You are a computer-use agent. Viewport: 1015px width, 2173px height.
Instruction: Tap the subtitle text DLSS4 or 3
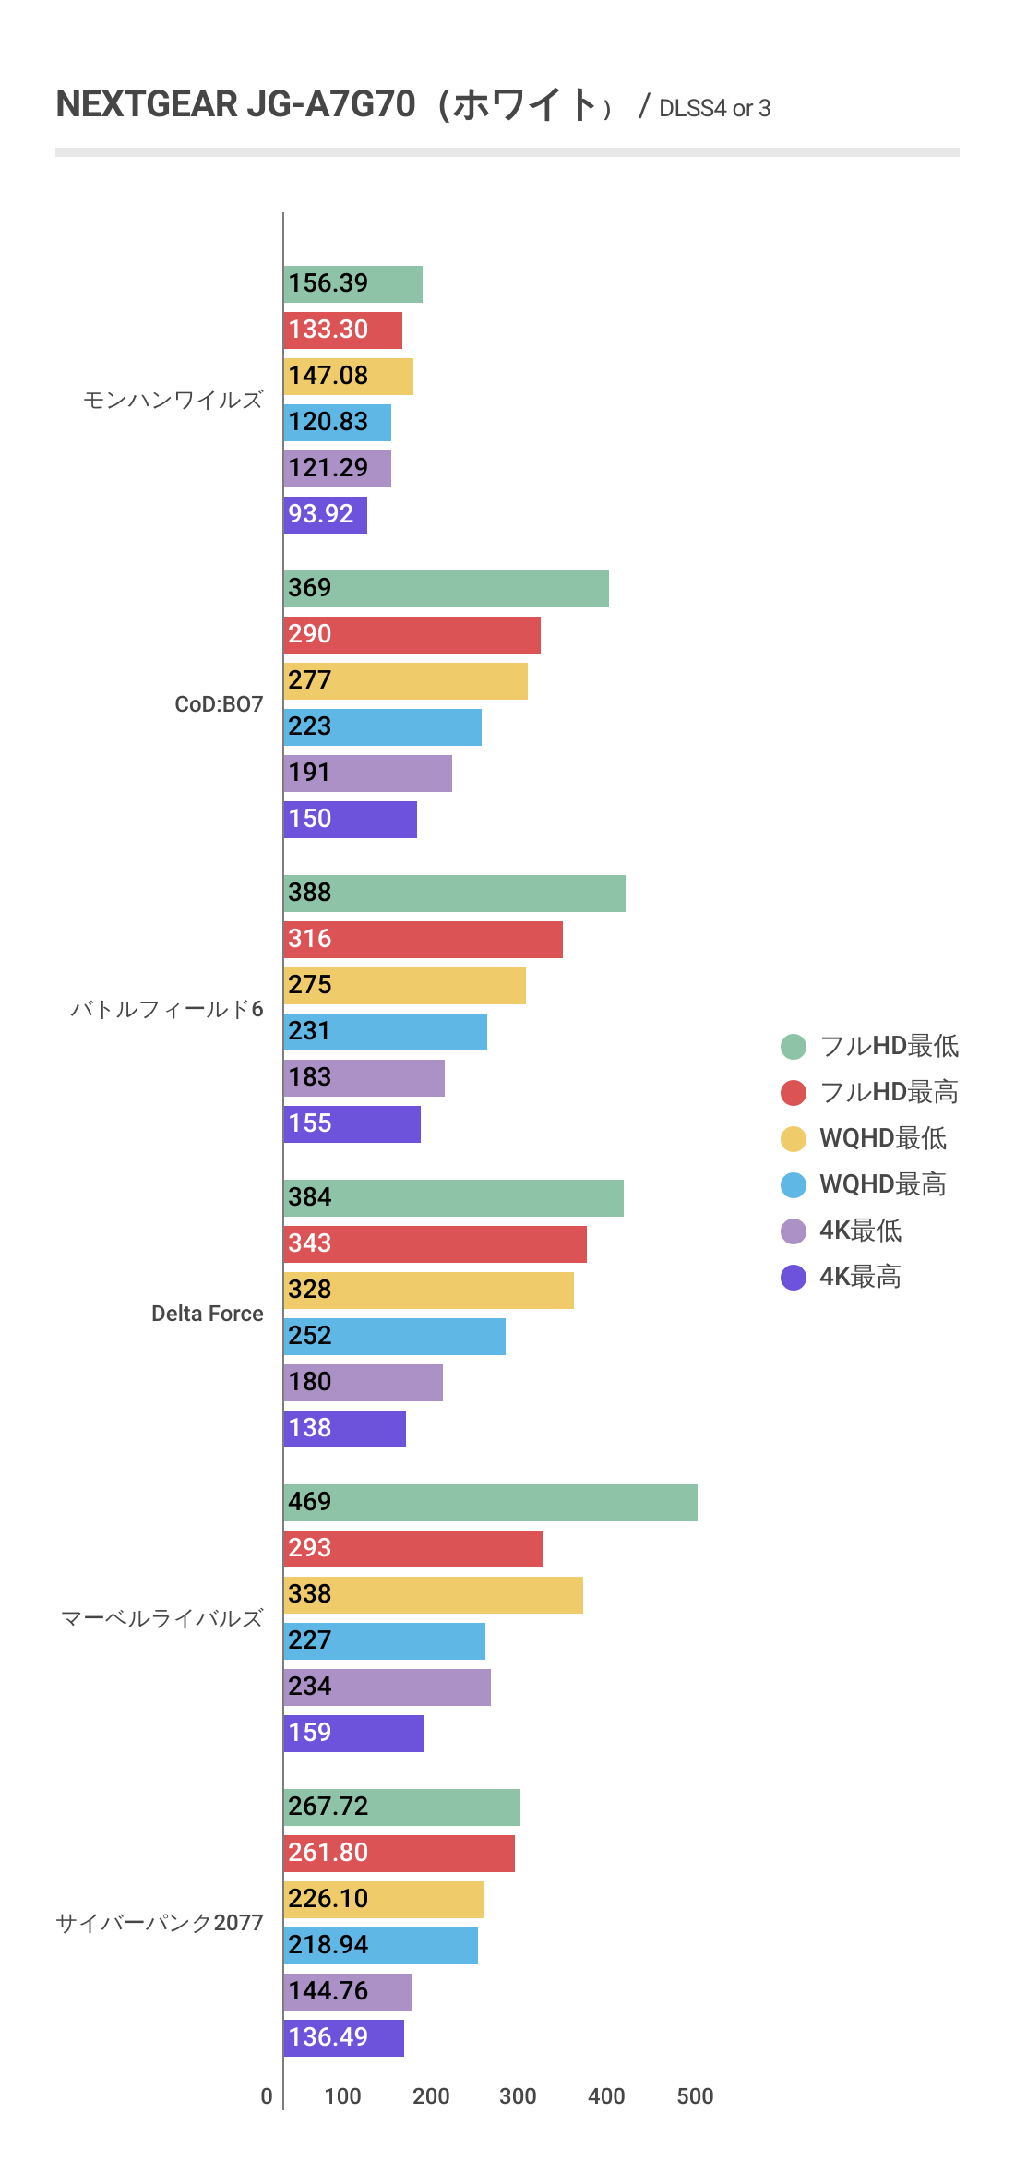point(714,109)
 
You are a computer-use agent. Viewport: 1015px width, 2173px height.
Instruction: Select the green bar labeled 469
point(490,1503)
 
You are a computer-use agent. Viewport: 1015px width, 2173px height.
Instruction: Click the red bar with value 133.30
point(342,330)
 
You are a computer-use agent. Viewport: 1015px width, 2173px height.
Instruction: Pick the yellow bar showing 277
point(405,681)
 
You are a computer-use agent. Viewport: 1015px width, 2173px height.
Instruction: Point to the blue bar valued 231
point(385,1032)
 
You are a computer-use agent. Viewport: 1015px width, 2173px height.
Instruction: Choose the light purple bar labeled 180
point(363,1383)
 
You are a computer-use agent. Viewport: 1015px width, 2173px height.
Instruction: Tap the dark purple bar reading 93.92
point(325,515)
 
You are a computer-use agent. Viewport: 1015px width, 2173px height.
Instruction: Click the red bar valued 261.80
point(399,1854)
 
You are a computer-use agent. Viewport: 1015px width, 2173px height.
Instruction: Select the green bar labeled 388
point(454,894)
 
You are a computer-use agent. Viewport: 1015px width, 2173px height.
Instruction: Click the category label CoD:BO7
point(219,704)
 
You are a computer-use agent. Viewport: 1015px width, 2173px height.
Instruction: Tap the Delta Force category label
point(207,1314)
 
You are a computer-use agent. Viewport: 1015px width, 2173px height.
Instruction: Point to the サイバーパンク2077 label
point(160,1923)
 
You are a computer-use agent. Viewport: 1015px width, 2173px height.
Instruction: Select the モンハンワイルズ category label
point(173,400)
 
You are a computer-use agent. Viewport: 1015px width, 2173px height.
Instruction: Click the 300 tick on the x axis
point(518,2096)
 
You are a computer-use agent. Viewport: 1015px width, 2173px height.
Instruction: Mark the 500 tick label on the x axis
point(695,2096)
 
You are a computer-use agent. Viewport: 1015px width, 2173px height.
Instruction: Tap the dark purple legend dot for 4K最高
point(794,1277)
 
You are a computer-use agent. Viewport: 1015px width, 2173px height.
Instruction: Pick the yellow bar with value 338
point(433,1595)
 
